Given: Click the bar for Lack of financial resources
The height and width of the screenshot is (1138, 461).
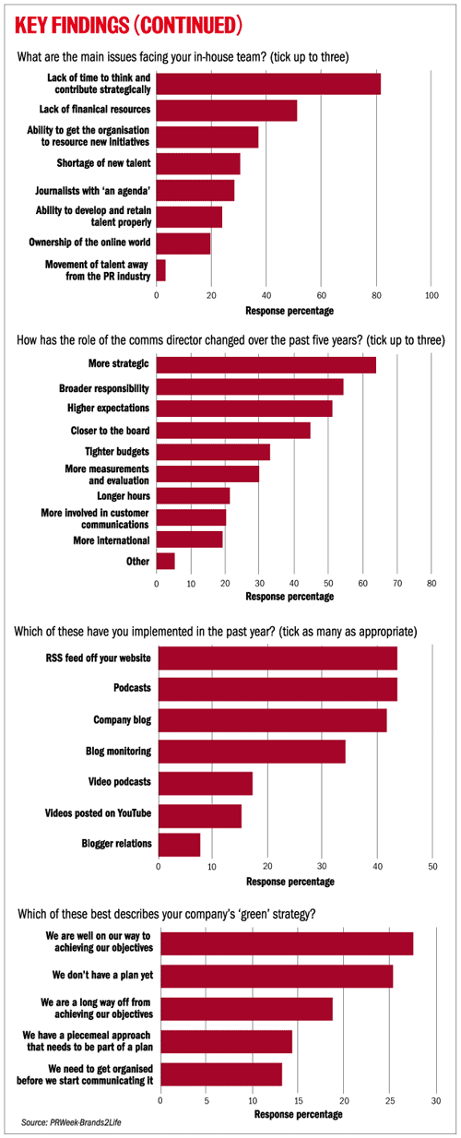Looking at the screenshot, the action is click(227, 111).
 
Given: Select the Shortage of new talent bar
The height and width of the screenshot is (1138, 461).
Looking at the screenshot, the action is click(198, 163).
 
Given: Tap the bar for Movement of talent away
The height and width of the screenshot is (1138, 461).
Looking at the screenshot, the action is click(161, 270).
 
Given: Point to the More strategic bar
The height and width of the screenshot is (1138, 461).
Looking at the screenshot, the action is click(266, 365).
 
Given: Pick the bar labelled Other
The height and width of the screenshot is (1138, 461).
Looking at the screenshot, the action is click(166, 561).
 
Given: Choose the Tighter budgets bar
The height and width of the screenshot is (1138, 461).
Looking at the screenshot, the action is click(213, 452).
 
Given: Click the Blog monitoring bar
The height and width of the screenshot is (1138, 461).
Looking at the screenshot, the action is click(252, 752).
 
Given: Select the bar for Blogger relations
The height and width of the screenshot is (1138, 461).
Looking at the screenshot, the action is click(179, 845).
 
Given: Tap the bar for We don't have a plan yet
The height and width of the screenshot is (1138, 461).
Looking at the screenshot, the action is click(277, 976).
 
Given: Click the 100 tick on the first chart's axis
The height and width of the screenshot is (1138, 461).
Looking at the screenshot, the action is click(431, 296).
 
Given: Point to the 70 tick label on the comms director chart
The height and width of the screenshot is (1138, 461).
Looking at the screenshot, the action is click(397, 584).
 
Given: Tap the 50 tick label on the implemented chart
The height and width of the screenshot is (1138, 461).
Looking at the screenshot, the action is click(432, 866).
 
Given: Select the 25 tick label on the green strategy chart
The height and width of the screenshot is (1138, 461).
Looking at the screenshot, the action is click(390, 1100).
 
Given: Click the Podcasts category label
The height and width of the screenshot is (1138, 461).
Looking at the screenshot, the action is click(132, 687).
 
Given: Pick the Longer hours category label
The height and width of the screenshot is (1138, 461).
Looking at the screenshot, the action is click(124, 496).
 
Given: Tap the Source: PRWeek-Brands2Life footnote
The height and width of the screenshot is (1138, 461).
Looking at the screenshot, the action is click(71, 1121).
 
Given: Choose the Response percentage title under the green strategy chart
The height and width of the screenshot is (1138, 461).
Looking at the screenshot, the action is click(298, 1114).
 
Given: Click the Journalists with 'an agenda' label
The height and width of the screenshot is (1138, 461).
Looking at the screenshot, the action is click(92, 191).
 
